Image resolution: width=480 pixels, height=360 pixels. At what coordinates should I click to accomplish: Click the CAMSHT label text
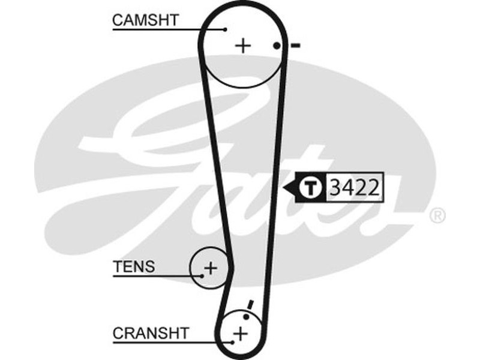146,20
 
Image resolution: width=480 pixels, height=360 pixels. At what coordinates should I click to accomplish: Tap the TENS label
134,266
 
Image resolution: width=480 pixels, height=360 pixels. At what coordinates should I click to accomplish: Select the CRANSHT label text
151,332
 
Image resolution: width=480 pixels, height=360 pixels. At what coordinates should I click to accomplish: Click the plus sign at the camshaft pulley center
242,46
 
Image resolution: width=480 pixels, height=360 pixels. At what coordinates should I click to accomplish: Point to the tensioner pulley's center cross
210,267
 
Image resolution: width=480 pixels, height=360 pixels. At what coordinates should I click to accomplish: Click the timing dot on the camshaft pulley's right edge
277,46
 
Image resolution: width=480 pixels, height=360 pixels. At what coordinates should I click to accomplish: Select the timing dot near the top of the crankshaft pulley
246,316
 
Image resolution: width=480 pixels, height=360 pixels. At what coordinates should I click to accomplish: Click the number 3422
354,187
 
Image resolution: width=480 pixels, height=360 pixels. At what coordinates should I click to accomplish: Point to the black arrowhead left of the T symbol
292,187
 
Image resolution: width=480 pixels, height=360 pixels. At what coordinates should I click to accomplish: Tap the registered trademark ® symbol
437,215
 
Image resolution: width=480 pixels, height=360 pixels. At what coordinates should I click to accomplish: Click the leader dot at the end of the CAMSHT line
225,29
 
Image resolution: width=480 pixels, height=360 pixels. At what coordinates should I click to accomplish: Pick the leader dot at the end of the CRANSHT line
232,342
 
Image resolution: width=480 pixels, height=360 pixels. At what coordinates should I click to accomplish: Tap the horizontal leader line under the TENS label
156,275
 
